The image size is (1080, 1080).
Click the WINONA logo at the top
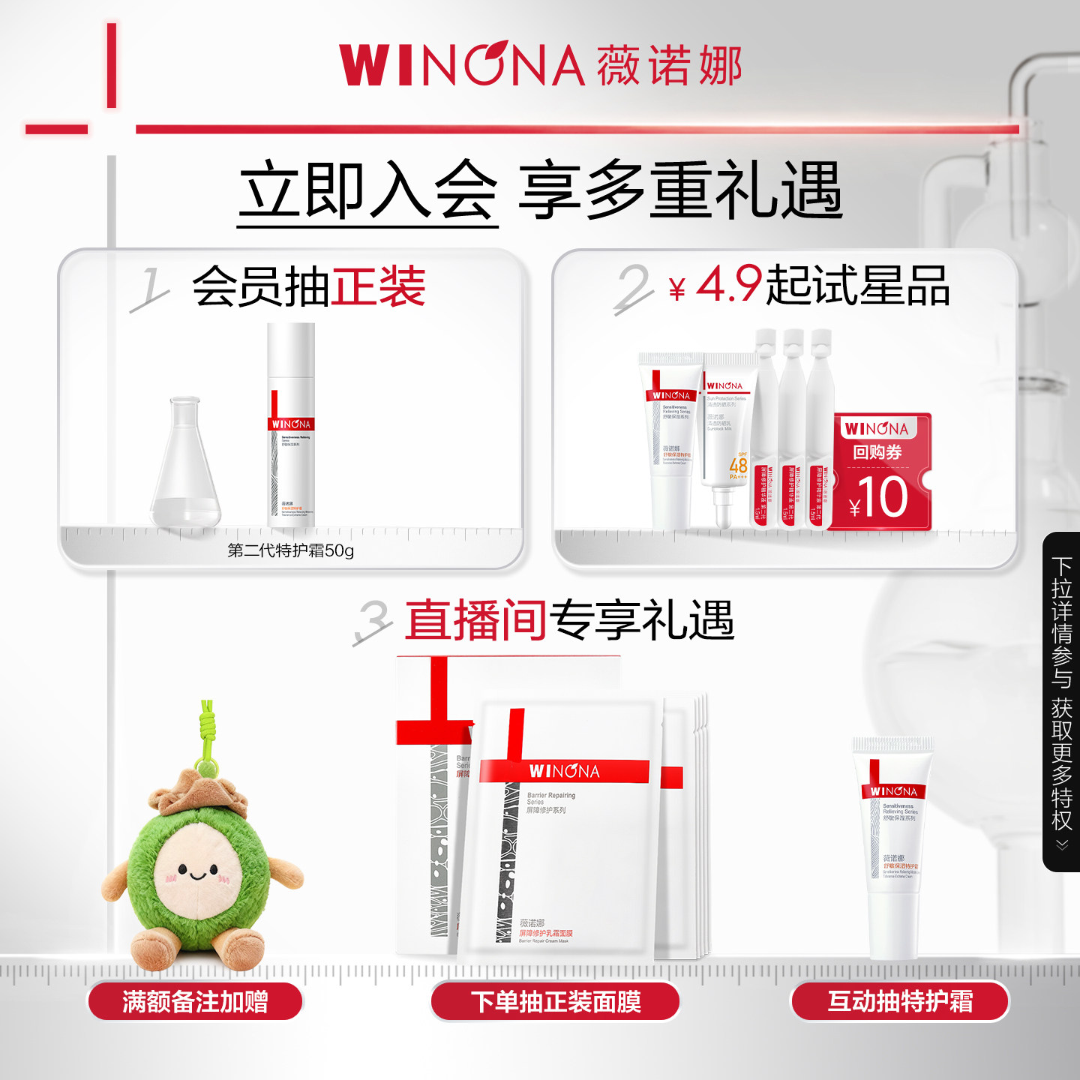coord(461,65)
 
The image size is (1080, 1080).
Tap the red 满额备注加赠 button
coord(195,1002)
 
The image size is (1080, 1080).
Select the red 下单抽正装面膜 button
coord(555,1002)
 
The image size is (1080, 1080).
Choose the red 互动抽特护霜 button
coord(900,1002)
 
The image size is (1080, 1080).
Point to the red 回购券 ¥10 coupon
coord(882,472)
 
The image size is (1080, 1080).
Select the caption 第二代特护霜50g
coord(290,551)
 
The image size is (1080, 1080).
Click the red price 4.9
coord(728,284)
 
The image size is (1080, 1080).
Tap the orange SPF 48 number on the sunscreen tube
coord(738,465)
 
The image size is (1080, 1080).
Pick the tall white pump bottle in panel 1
coord(291,424)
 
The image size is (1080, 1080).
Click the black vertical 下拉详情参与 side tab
coord(1061,701)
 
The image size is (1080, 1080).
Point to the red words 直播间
coord(475,620)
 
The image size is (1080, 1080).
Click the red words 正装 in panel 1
coord(379,286)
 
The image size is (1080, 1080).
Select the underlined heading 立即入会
coord(367,191)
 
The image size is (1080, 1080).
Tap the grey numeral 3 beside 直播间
coord(373,621)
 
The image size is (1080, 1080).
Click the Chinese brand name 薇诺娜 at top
coord(670,65)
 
